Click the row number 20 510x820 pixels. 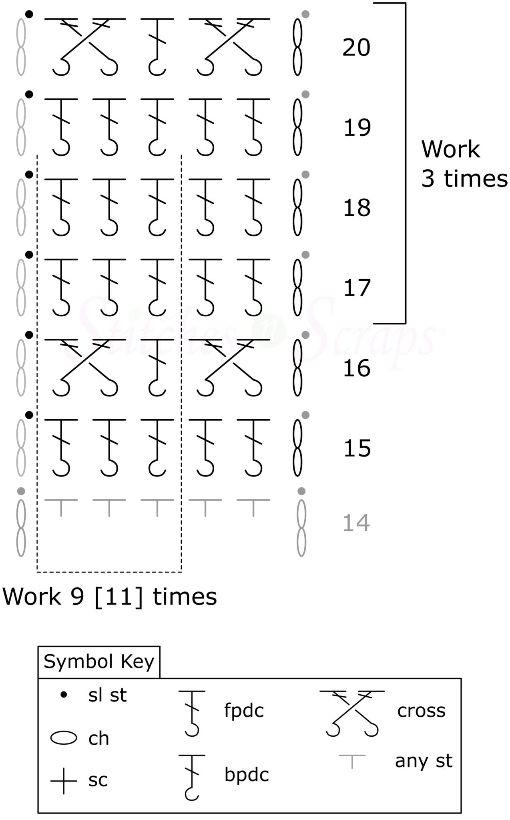(356, 48)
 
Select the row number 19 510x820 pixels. (357, 128)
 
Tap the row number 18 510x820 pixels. (357, 208)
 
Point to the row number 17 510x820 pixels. (357, 288)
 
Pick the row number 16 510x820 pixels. (357, 368)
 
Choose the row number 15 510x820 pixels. (357, 448)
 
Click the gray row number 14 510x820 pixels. (356, 523)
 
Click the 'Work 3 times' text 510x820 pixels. (464, 164)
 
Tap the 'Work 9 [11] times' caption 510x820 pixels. (110, 597)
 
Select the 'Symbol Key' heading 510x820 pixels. (99, 662)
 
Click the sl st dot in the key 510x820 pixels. (63, 695)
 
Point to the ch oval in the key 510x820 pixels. (64, 738)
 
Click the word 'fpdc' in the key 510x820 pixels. (244, 711)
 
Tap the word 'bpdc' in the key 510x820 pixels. (247, 775)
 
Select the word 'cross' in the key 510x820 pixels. (421, 711)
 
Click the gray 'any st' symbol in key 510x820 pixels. (352, 761)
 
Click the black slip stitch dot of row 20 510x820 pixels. (29, 14)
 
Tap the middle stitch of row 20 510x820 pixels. (157, 46)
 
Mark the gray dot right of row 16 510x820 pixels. (305, 335)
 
